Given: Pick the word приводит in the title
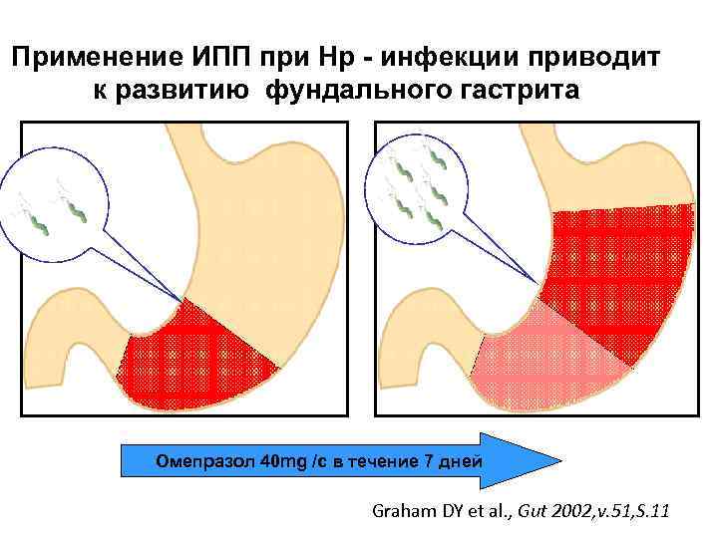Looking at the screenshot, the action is pyautogui.click(x=601, y=57).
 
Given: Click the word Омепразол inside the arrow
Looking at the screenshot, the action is pyautogui.click(x=204, y=461).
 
